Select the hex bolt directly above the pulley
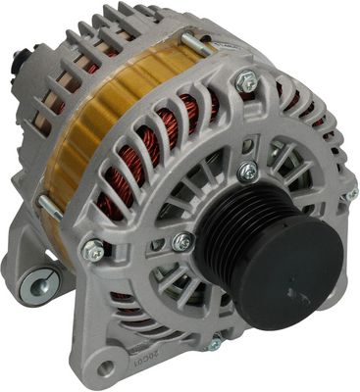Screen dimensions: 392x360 (248, 171)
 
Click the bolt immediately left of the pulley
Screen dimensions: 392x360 (180, 241)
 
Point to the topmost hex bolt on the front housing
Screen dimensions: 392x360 (248, 82)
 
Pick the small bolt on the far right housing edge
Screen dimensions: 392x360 (350, 193)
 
